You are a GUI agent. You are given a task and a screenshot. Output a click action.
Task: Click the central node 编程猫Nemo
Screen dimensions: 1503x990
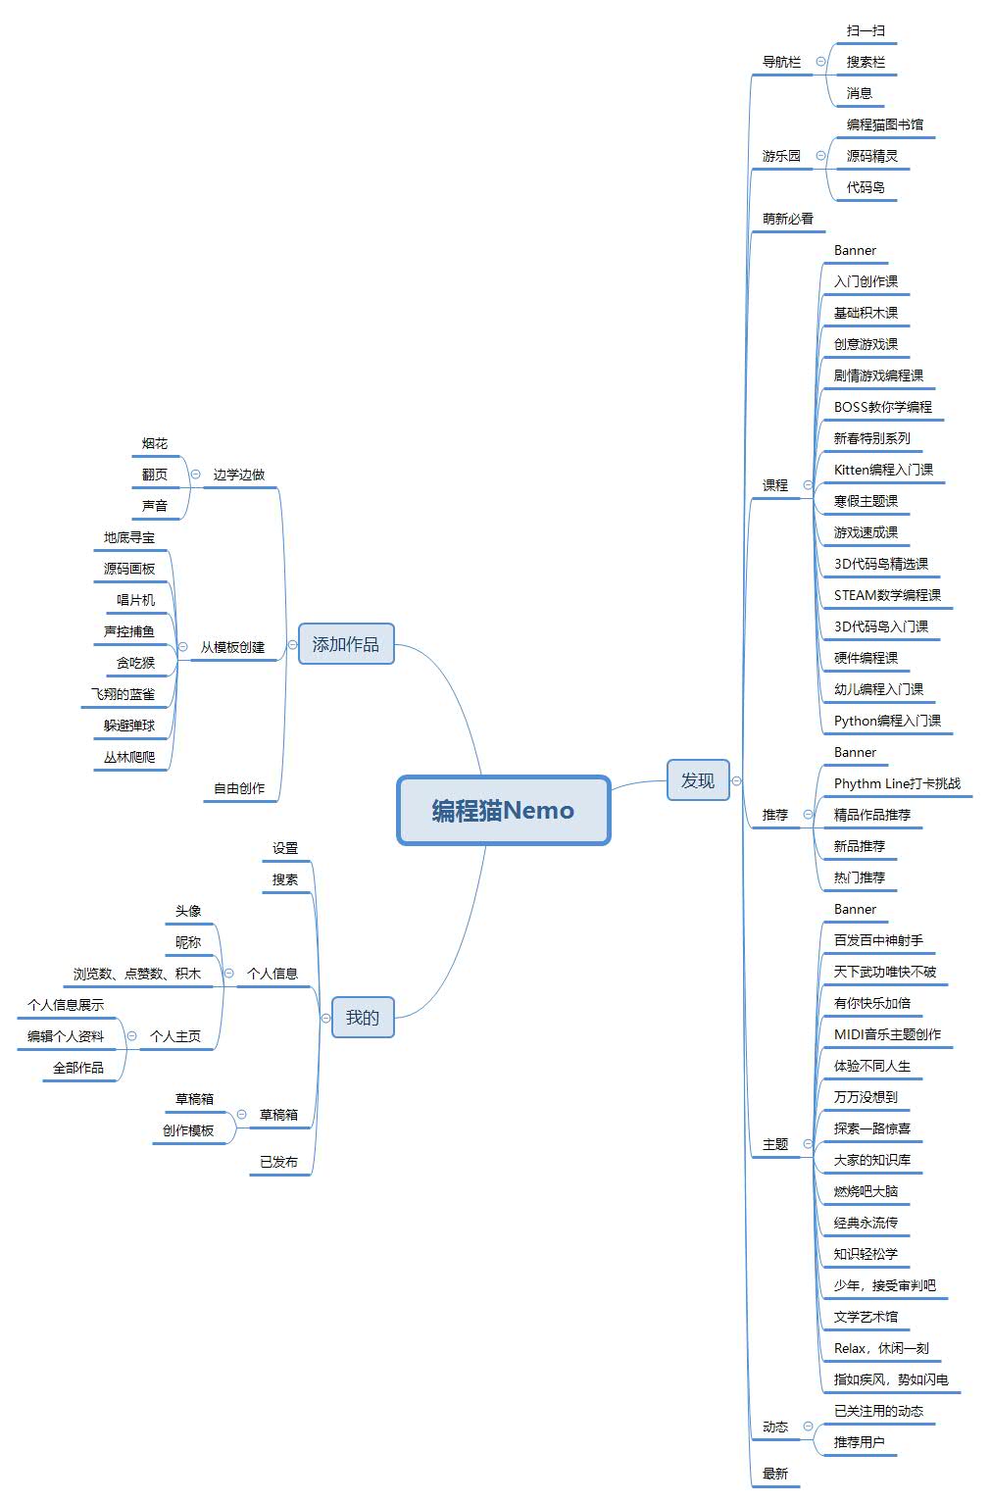coord(503,810)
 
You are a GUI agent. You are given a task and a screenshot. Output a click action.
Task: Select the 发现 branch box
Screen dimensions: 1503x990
coord(698,780)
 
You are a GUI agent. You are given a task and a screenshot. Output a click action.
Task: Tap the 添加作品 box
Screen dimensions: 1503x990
coord(345,644)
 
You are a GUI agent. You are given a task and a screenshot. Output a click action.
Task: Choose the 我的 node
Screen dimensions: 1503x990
coord(362,1018)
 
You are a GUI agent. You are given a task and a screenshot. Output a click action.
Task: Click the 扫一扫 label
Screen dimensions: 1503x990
coord(866,30)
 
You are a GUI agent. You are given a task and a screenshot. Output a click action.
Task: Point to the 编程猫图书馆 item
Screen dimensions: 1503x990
coord(884,125)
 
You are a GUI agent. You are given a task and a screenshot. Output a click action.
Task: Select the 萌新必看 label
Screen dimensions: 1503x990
coord(787,219)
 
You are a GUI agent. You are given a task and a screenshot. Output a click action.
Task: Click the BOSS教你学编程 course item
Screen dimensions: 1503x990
coord(882,407)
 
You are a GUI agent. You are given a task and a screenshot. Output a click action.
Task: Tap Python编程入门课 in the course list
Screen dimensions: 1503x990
coord(887,721)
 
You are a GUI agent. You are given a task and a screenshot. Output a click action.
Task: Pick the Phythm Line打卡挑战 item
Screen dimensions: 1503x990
coord(897,783)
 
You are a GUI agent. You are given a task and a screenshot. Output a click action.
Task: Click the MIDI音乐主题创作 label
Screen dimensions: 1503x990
coord(887,1034)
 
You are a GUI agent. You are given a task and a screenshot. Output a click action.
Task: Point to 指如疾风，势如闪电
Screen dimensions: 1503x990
coord(890,1379)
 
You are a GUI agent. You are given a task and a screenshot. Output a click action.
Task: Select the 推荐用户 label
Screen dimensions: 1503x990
coord(859,1442)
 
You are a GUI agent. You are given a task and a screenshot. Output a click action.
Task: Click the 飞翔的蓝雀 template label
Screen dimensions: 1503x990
coord(123,694)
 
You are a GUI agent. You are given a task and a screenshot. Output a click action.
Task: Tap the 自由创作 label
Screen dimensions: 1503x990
coord(239,788)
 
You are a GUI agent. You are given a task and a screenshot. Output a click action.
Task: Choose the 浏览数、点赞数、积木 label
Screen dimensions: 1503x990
coord(136,974)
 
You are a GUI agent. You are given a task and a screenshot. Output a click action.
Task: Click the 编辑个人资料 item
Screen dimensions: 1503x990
coord(66,1036)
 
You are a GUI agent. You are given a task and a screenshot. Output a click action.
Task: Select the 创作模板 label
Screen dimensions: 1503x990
coord(188,1130)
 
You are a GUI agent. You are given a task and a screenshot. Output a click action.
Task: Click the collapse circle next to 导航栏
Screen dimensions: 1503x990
coord(820,62)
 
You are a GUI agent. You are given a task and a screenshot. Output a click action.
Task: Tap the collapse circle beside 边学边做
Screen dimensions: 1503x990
coord(195,475)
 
